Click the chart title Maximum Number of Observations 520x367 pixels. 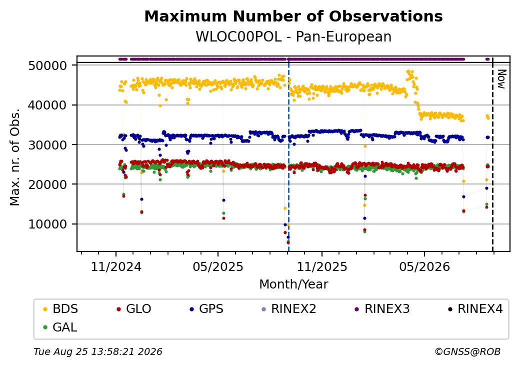pyautogui.click(x=293, y=16)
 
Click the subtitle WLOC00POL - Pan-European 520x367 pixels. pyautogui.click(x=293, y=37)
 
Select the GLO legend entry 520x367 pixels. pyautogui.click(x=134, y=309)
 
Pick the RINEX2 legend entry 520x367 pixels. pyautogui.click(x=289, y=309)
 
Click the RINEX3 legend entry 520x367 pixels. pyautogui.click(x=382, y=309)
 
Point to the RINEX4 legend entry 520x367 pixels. pyautogui.click(x=475, y=309)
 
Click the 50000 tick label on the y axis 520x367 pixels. pyautogui.click(x=48, y=65)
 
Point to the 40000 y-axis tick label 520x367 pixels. pyautogui.click(x=48, y=105)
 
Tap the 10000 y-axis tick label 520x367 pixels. pyautogui.click(x=48, y=224)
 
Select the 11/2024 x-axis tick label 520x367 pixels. pyautogui.click(x=116, y=267)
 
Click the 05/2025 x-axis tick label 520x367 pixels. pyautogui.click(x=218, y=267)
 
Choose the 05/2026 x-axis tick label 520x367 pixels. pyautogui.click(x=424, y=267)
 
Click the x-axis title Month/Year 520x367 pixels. pyautogui.click(x=293, y=284)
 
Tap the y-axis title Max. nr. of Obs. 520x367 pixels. pyautogui.click(x=15, y=157)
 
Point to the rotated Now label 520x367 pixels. pyautogui.click(x=501, y=79)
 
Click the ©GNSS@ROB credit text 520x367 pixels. pyautogui.click(x=467, y=351)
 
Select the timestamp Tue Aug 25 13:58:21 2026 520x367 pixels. pyautogui.click(x=98, y=351)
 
